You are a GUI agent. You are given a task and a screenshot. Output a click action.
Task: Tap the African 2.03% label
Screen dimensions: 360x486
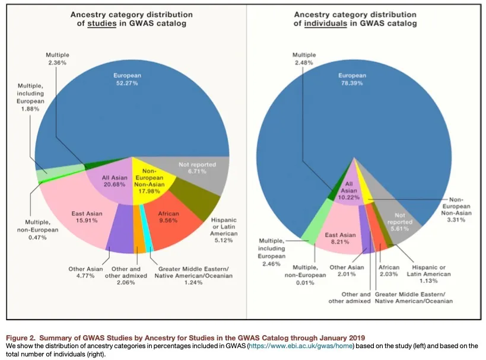389,270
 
